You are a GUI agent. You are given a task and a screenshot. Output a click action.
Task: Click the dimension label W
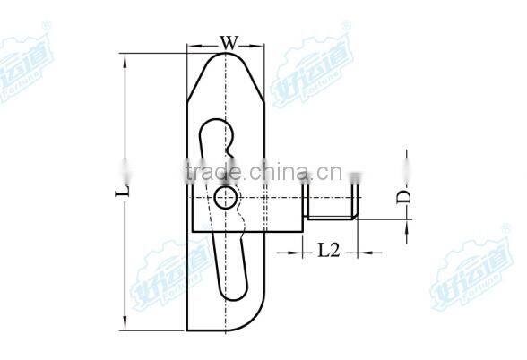pos(229,41)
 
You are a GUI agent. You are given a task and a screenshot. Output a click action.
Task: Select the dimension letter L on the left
pos(125,189)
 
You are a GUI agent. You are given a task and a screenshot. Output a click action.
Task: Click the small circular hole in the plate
pos(225,197)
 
